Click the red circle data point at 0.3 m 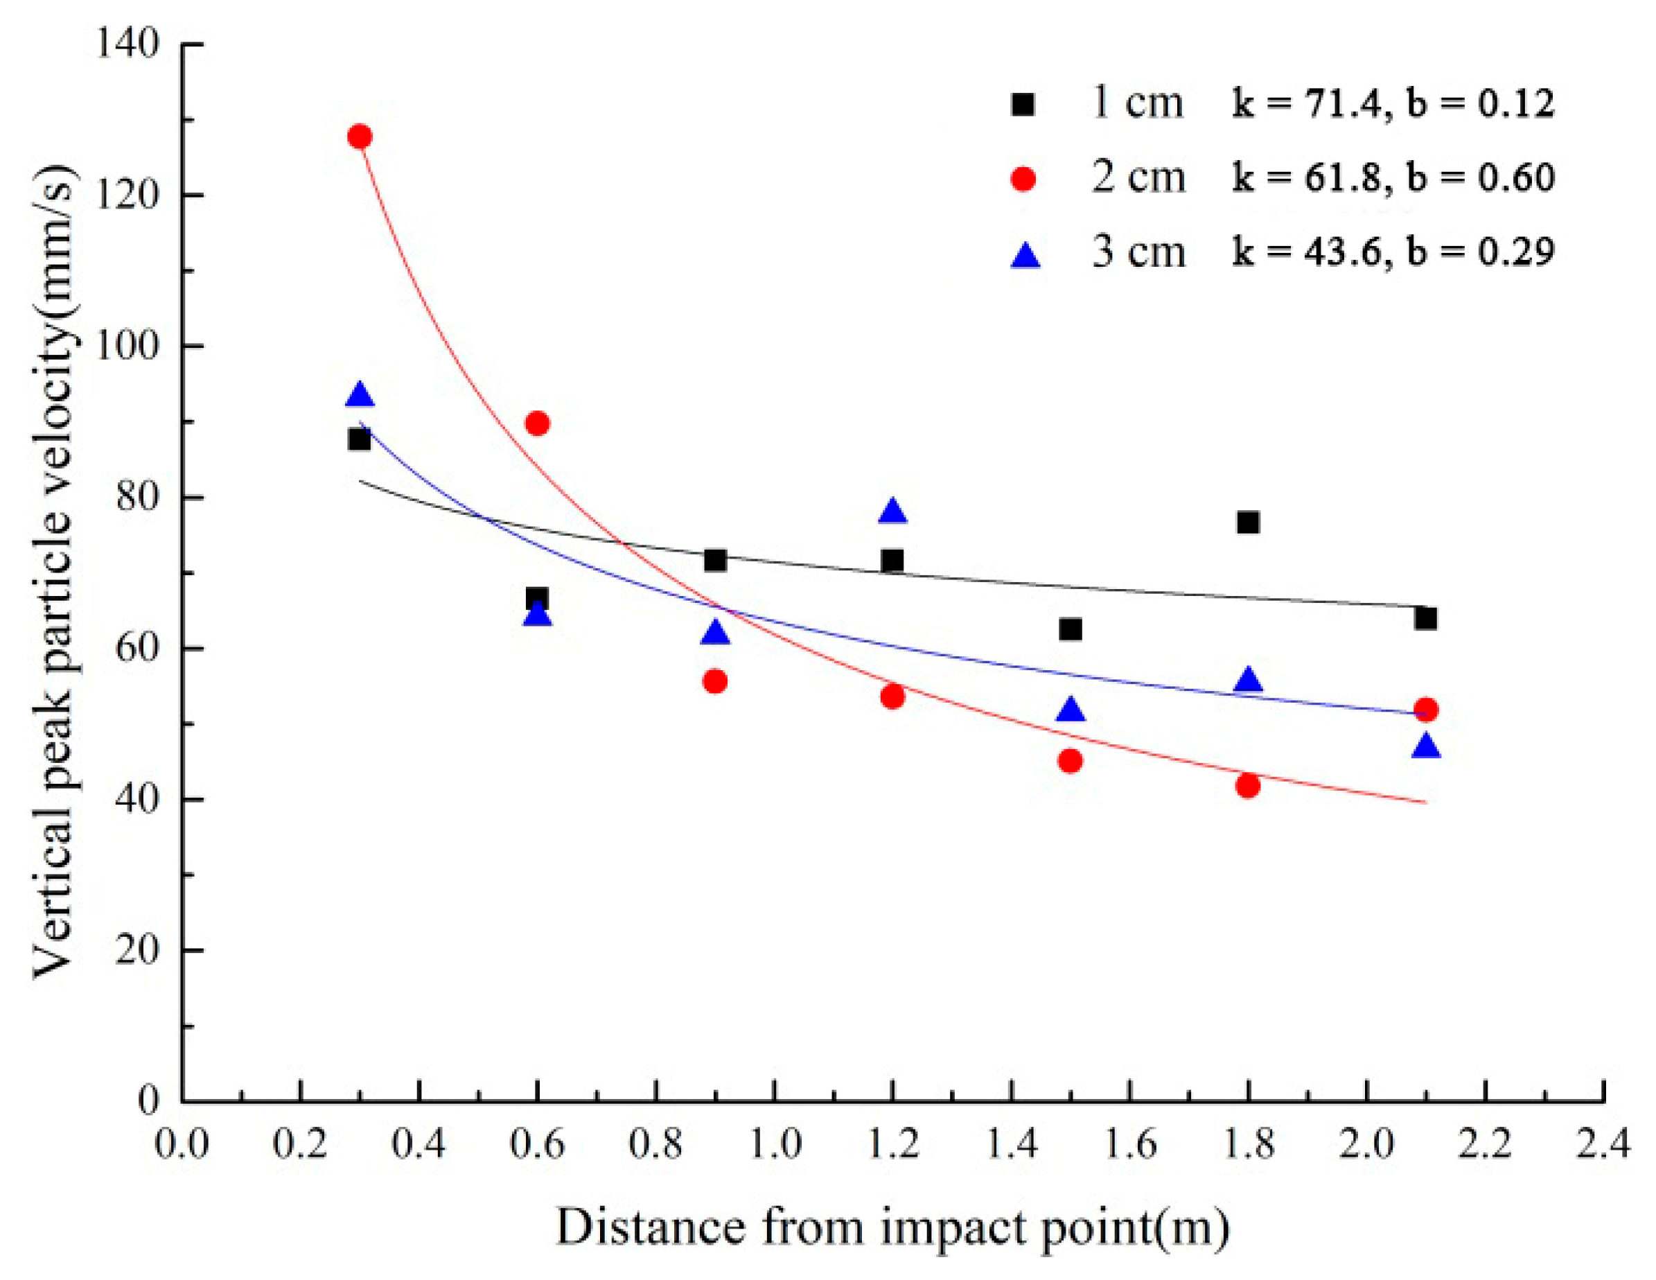360,137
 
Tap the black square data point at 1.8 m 1248,523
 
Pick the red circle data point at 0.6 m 538,423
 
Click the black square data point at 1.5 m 1071,629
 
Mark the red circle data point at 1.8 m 1248,786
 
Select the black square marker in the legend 1023,104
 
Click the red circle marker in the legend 1023,179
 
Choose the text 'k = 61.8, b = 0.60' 1393,178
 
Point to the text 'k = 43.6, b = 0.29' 1393,252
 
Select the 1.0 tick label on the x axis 774,1144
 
